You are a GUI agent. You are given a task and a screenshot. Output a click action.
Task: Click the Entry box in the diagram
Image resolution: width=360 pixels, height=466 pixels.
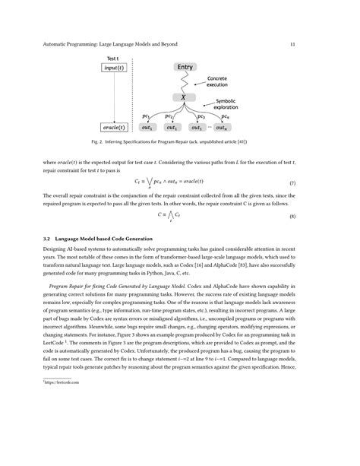click(185, 68)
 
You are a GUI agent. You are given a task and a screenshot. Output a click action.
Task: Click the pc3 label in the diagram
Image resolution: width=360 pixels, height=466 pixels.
click(201, 117)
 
